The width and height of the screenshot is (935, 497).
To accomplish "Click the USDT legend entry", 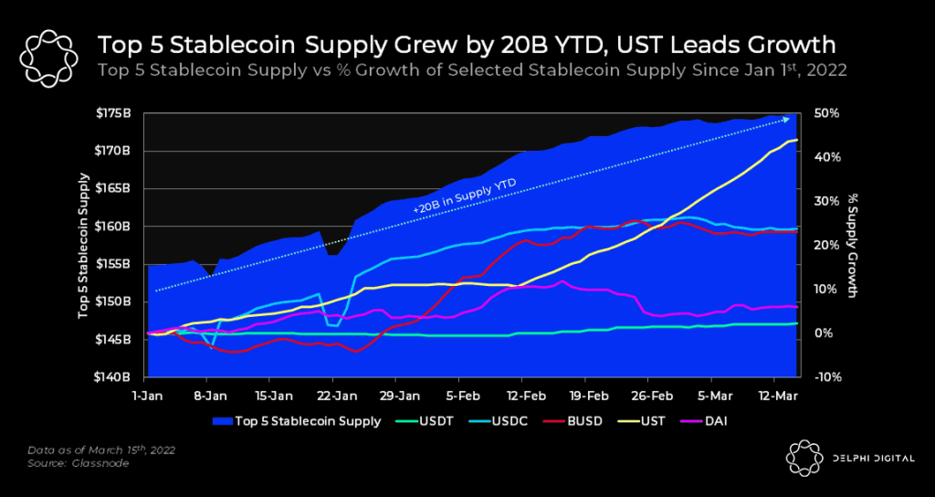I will (x=432, y=421).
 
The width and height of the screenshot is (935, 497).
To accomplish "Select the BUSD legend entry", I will (x=583, y=421).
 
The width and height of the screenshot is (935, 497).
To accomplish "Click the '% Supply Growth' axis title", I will (x=855, y=245).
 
